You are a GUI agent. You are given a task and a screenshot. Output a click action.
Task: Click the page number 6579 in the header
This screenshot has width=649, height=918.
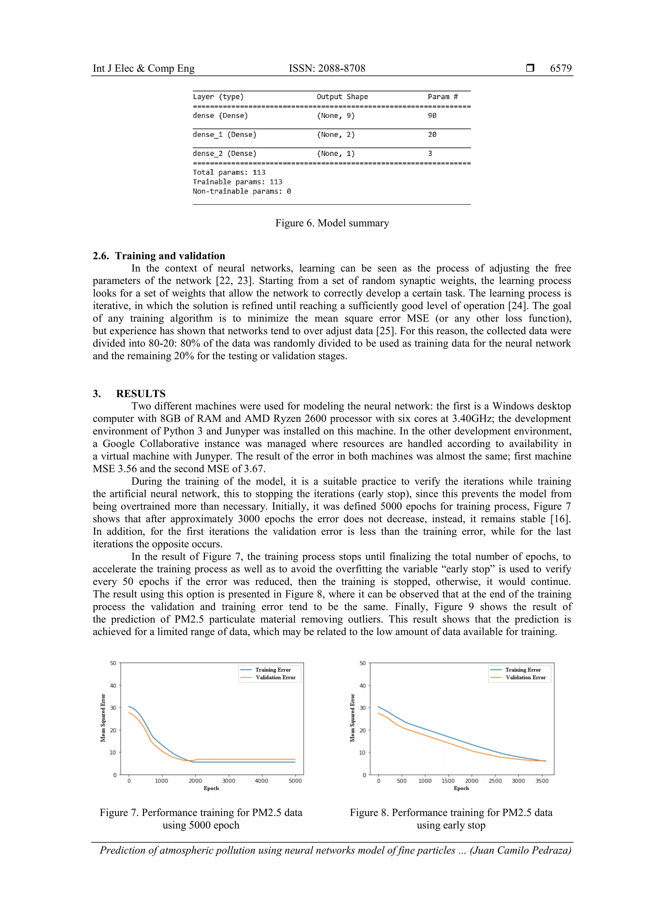coord(560,68)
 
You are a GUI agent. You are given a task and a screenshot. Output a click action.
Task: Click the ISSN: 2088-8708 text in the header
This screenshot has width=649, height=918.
coord(327,68)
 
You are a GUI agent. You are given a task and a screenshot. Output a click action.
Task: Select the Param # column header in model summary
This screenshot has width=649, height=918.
coord(442,97)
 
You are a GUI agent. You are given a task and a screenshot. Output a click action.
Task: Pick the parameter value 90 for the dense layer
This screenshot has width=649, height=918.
coord(432,116)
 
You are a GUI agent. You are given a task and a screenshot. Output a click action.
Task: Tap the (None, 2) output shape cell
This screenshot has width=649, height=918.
coord(336,135)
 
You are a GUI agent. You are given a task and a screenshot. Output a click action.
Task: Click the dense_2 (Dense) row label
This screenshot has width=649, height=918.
coord(224,154)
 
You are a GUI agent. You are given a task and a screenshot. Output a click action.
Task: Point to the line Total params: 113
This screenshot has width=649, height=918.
coord(229,172)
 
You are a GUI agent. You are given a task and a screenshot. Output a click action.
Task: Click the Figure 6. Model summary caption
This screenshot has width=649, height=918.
coord(332,223)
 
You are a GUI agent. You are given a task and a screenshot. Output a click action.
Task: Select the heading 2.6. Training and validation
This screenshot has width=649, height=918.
coord(159,256)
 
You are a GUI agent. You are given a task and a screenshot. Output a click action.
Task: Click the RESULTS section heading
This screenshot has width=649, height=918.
coord(140,394)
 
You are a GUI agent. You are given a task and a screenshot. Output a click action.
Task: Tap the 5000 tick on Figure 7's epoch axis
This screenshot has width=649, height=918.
coord(295,780)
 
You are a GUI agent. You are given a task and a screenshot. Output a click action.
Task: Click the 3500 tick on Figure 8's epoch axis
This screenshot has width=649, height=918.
coord(542,780)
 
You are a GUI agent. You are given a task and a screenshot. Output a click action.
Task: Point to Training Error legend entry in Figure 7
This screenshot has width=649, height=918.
coord(273,670)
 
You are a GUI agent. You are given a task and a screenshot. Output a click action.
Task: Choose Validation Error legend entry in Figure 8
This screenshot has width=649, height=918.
coord(525,677)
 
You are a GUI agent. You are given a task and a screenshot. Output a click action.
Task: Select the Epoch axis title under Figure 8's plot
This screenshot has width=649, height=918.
coord(461,788)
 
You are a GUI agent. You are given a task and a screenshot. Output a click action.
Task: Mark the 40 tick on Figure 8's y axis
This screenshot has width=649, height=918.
coord(363,686)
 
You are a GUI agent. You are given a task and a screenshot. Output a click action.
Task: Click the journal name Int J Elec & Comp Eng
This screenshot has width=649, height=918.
coord(144,68)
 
